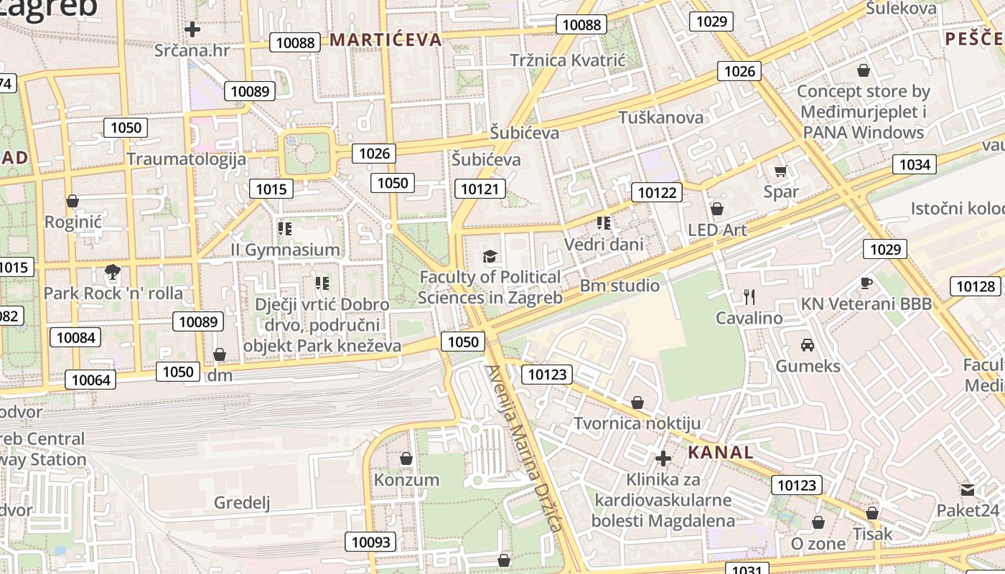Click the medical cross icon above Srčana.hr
point(192,29)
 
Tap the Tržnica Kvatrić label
point(568,60)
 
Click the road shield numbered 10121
point(480,189)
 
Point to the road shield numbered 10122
point(657,192)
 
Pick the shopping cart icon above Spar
point(780,171)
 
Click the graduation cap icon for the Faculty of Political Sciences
point(490,256)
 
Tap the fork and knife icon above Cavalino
point(749,296)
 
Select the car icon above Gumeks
point(808,344)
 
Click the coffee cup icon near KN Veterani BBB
point(866,283)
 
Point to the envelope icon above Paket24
point(967,489)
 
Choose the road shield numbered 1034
point(915,165)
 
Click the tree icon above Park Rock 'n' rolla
point(112,271)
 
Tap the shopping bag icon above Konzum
point(406,458)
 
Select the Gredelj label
point(242,502)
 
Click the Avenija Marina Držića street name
point(523,448)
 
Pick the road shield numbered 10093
point(371,542)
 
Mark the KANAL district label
point(721,452)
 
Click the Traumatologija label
point(187,159)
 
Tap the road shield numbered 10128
point(976,287)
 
